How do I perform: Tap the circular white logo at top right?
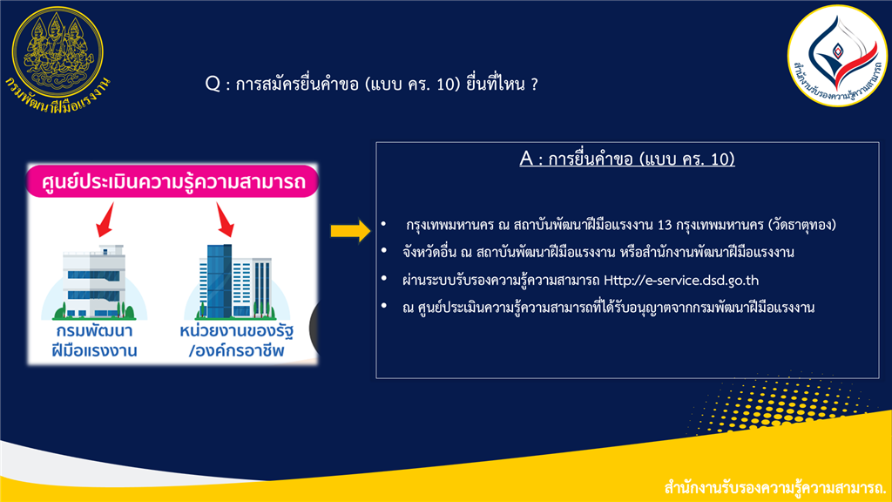coord(838,55)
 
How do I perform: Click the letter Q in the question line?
coord(213,85)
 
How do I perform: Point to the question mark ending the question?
coord(534,85)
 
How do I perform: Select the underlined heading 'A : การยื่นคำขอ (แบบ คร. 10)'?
coord(627,159)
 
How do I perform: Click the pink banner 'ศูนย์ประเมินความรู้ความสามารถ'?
coord(173,181)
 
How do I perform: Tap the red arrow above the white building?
coord(105,219)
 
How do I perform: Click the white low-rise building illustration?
coord(94,282)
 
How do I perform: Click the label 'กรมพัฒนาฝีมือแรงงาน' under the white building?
coord(94,341)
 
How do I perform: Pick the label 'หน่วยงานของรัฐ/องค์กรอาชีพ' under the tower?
coord(237,341)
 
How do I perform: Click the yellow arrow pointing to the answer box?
coord(350,230)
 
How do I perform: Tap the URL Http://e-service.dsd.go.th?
coord(681,280)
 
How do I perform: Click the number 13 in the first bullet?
coord(665,225)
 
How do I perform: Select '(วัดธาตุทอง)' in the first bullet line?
coord(802,225)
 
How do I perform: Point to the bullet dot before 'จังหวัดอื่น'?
coord(384,251)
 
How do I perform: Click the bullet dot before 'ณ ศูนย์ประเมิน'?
coord(384,306)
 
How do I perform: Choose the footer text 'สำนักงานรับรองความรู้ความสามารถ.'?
coord(775,488)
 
